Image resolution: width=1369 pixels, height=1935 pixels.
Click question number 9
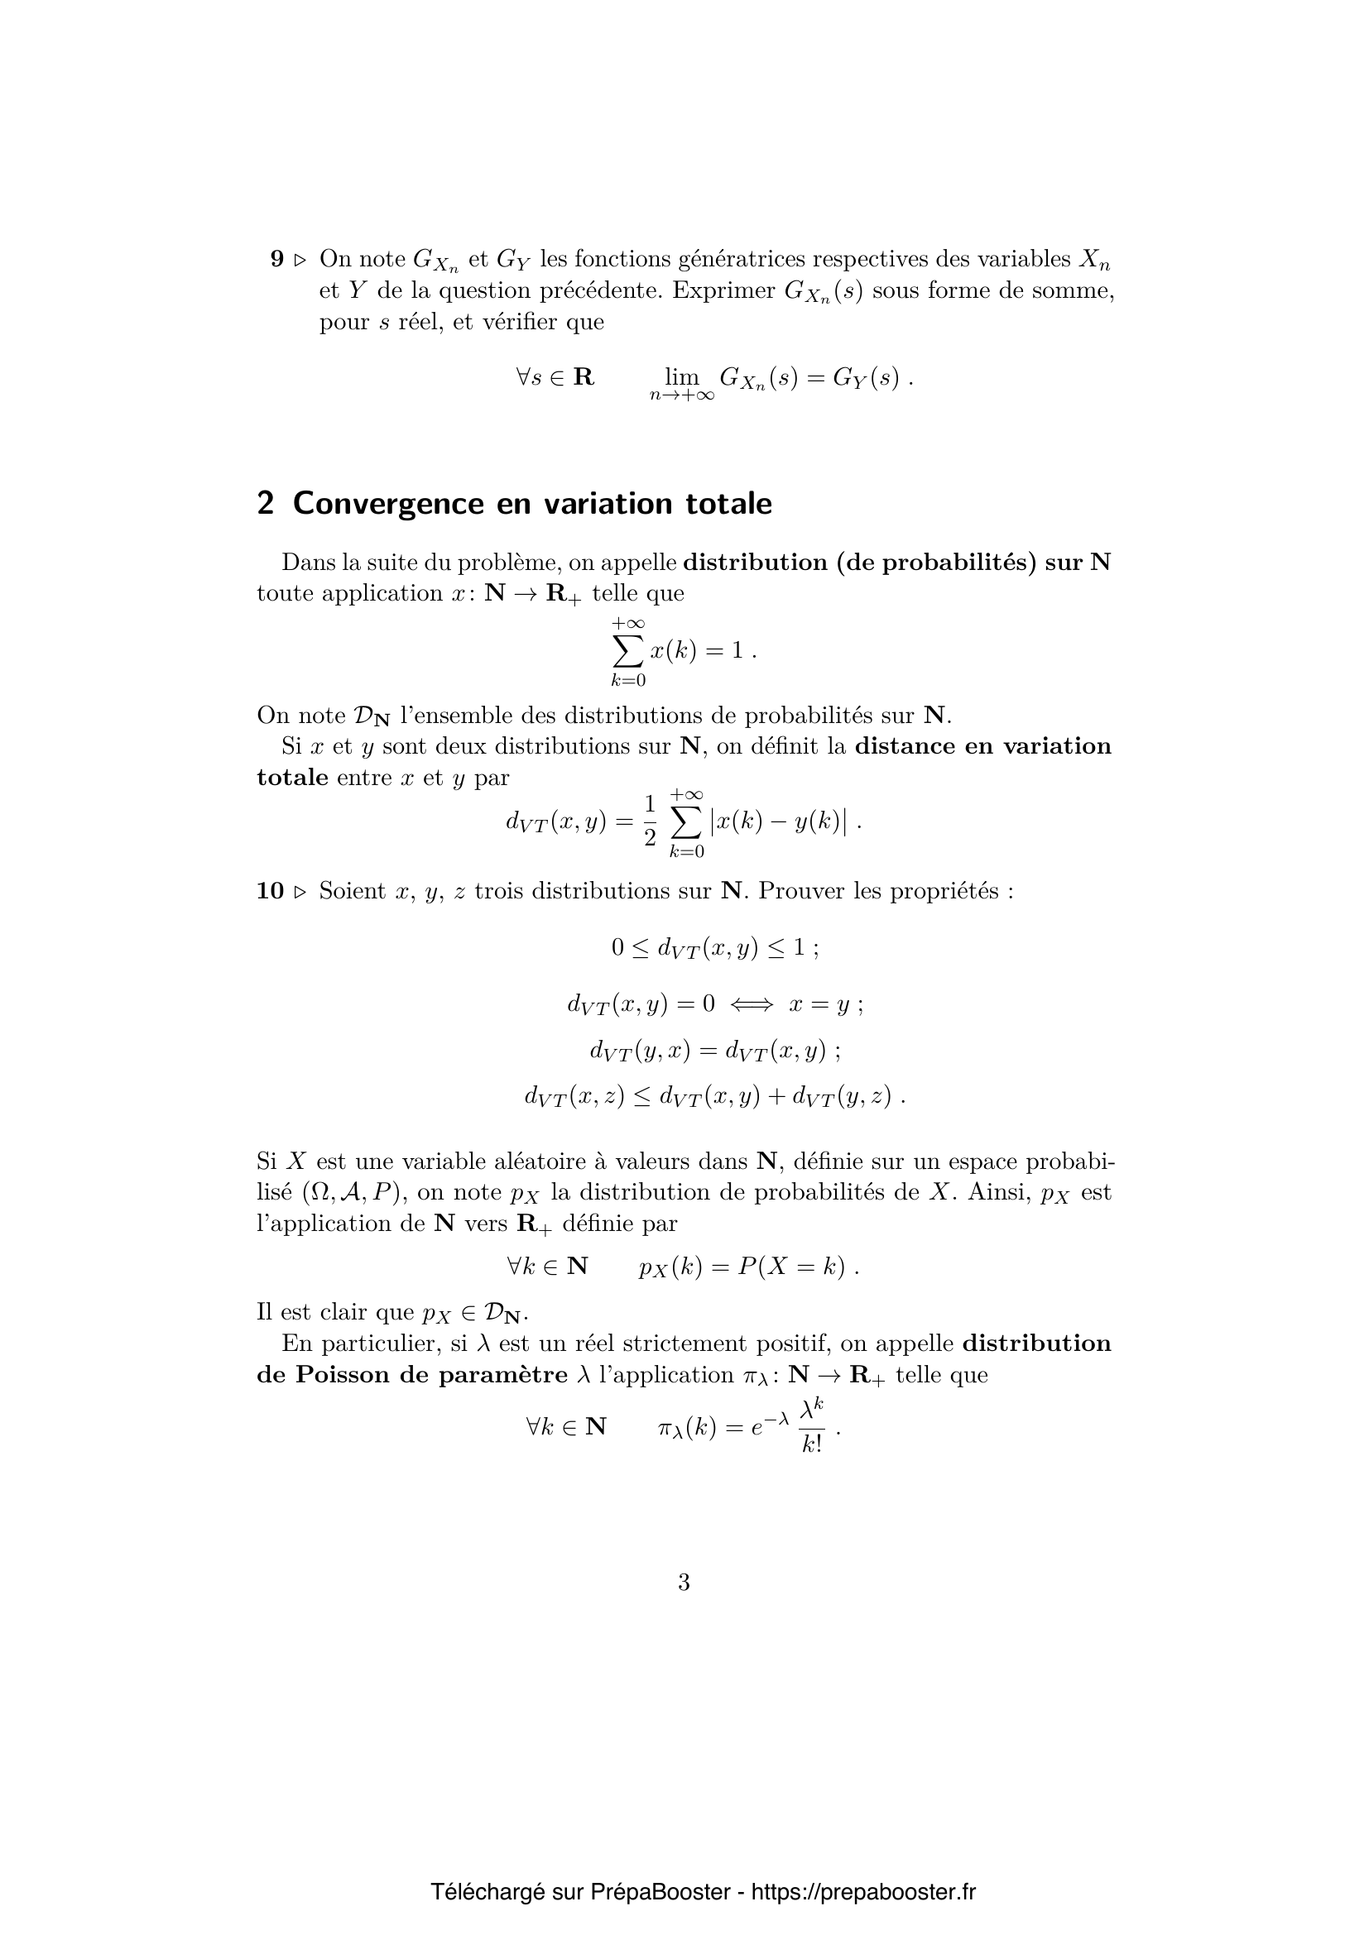(x=277, y=260)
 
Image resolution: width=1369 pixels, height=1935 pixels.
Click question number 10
(x=270, y=891)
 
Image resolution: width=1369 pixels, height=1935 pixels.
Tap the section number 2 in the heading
(x=266, y=503)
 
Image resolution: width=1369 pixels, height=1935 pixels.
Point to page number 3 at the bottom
(x=684, y=1583)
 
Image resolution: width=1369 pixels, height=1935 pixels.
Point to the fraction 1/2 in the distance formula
(x=649, y=821)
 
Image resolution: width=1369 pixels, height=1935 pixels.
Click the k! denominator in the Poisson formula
(x=813, y=1444)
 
